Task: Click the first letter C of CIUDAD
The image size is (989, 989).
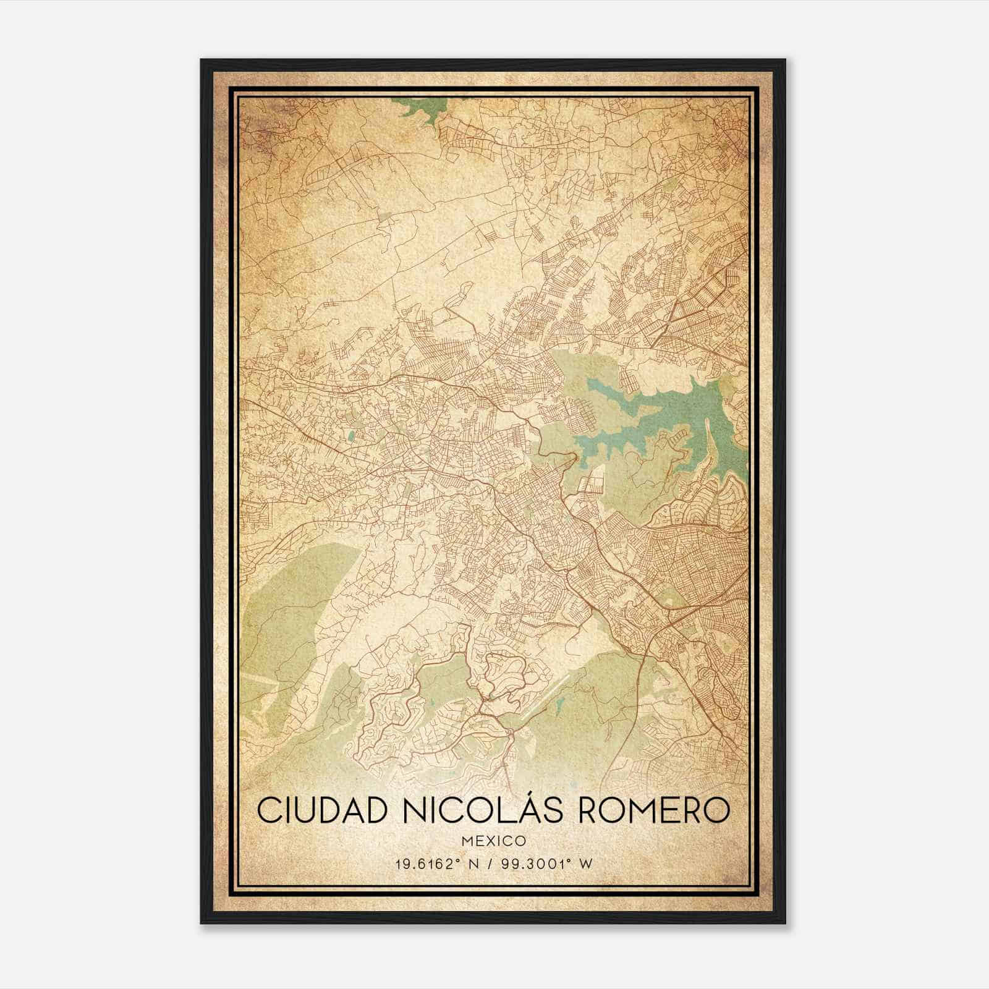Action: coord(268,810)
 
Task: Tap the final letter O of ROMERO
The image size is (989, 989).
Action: coord(718,810)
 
